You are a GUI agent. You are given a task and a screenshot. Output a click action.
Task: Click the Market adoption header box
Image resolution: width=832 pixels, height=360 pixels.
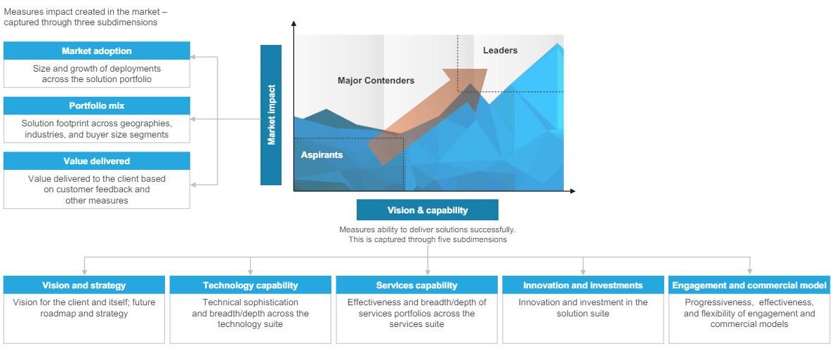click(x=97, y=51)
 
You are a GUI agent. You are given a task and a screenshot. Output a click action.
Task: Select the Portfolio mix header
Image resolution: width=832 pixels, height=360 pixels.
click(x=97, y=105)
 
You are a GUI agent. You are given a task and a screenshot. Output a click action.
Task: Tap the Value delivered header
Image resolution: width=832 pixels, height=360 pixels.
click(x=97, y=161)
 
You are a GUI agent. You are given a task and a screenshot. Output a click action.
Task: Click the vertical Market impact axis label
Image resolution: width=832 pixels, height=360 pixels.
click(x=271, y=115)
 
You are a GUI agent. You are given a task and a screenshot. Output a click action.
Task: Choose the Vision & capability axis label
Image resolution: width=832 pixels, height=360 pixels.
click(x=428, y=210)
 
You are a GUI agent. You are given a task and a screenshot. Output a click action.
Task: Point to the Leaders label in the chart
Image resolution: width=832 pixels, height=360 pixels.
click(x=500, y=51)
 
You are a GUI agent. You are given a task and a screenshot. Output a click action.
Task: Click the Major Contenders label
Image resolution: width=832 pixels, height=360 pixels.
click(x=376, y=81)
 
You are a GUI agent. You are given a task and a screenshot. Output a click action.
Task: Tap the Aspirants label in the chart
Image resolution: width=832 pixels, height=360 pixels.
click(x=322, y=155)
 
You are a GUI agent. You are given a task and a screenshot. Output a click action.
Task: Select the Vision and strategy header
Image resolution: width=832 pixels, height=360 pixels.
click(x=84, y=285)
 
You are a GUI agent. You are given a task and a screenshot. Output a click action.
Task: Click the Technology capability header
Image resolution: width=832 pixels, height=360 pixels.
click(x=251, y=285)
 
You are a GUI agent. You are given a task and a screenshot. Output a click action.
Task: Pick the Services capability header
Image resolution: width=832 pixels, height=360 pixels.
click(x=416, y=285)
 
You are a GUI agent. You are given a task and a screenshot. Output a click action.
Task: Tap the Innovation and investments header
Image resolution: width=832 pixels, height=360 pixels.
click(x=583, y=285)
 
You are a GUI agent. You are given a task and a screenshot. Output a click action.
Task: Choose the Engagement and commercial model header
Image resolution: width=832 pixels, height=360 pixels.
click(x=749, y=285)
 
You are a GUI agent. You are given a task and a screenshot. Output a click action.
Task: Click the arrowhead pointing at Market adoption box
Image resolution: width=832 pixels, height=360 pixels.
click(x=194, y=57)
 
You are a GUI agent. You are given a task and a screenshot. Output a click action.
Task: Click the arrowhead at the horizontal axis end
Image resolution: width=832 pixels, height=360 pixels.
click(x=572, y=191)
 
